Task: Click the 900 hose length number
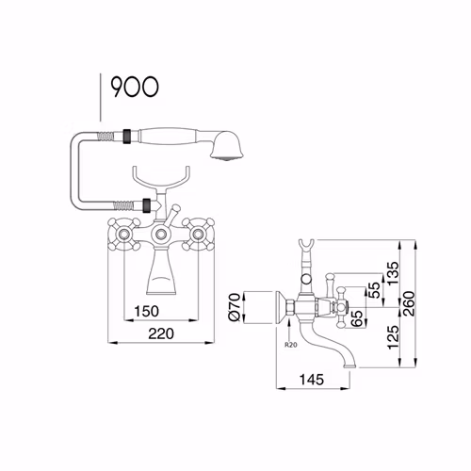135,87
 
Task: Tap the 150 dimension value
146,311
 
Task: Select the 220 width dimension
161,333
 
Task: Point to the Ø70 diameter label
235,307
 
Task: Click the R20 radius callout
291,345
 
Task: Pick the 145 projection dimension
312,380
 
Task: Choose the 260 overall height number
410,303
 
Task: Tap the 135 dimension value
393,273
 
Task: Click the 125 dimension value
393,337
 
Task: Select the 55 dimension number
374,290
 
